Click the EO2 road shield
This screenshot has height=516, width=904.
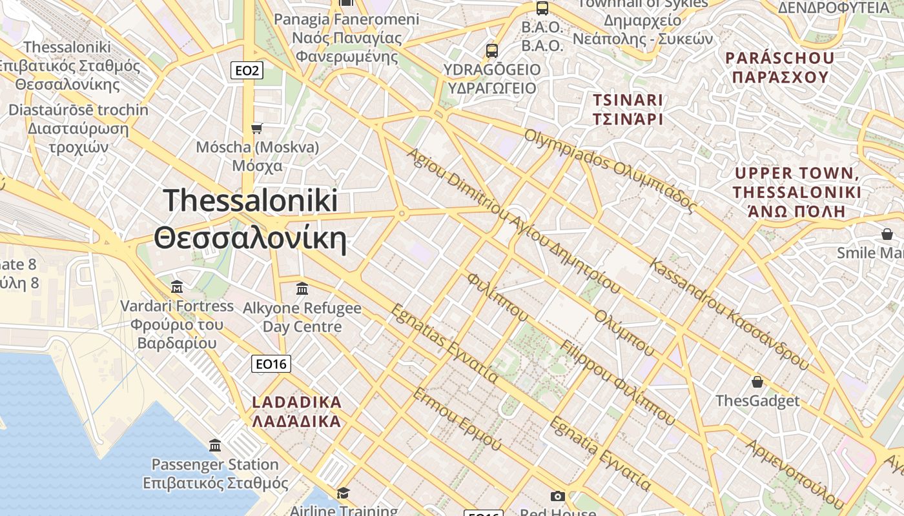click(247, 70)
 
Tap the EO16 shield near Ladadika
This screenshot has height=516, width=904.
click(271, 364)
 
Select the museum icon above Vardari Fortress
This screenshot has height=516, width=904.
click(177, 286)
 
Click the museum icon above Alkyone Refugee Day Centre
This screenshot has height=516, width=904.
click(302, 288)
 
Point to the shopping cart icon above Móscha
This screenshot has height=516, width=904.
click(257, 128)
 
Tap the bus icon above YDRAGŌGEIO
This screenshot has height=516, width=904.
click(492, 50)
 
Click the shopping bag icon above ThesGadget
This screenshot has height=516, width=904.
click(757, 382)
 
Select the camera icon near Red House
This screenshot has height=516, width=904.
click(558, 496)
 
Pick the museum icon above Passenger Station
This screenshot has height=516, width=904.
click(215, 445)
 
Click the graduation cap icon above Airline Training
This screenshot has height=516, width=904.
click(343, 493)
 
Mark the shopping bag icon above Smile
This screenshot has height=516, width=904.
click(887, 233)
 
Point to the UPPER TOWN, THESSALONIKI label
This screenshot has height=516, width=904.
click(797, 192)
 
